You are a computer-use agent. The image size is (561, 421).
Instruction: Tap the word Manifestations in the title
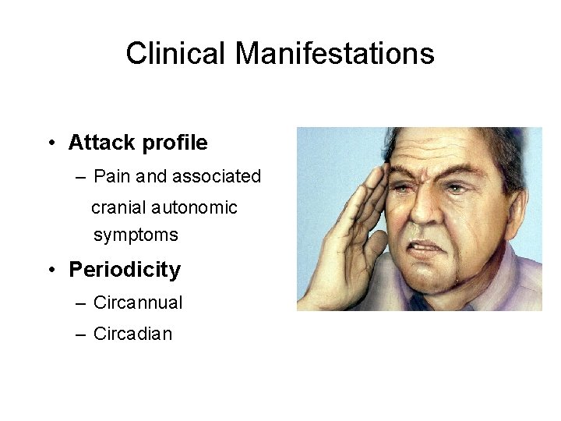[335, 54]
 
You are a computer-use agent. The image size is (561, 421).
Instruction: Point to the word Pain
[112, 177]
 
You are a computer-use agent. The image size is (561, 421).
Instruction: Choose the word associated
[217, 177]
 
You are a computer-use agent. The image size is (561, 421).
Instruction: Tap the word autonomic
[195, 208]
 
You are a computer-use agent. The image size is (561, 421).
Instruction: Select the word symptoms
[136, 235]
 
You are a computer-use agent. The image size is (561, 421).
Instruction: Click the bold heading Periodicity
[125, 270]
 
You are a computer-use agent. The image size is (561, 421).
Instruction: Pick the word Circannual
[138, 302]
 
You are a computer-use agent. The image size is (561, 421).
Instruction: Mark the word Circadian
[132, 334]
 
